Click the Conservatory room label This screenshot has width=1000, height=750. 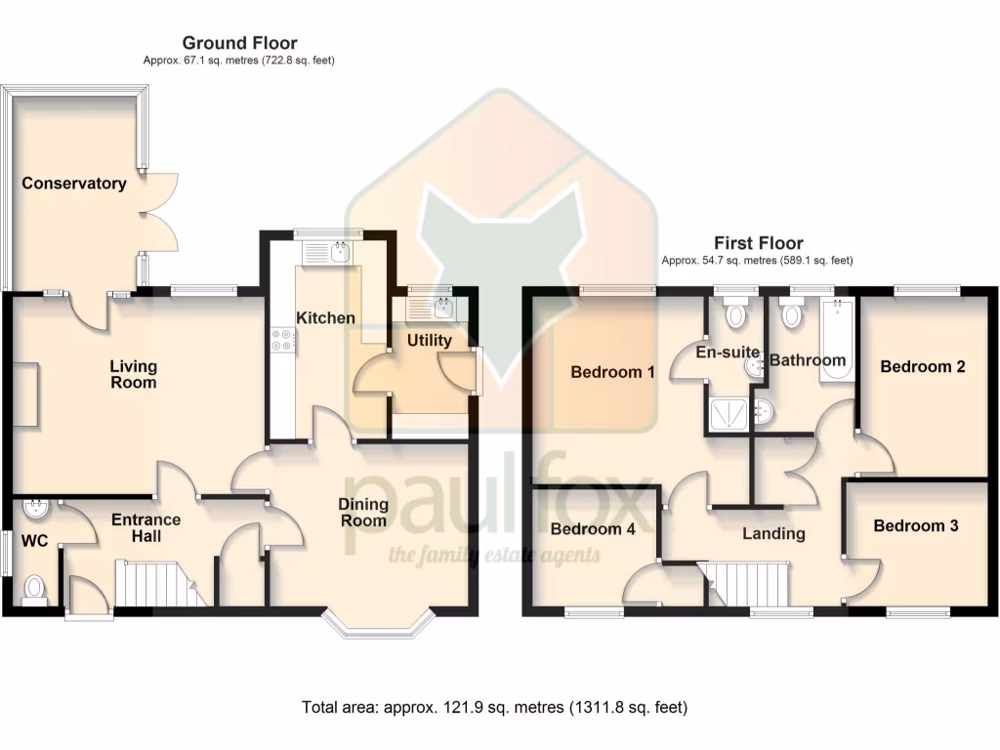pos(74,184)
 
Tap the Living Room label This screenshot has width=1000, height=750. pos(133,374)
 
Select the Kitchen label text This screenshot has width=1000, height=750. pos(325,318)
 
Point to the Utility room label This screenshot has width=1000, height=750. pos(429,341)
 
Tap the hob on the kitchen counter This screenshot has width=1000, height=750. pos(282,340)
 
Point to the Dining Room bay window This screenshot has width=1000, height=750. pos(377,625)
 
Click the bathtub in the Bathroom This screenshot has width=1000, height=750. pos(837,342)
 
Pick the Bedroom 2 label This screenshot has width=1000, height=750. pos(922,367)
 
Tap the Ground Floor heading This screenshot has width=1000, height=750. pos(239,43)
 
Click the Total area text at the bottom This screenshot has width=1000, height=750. pos(496,707)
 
